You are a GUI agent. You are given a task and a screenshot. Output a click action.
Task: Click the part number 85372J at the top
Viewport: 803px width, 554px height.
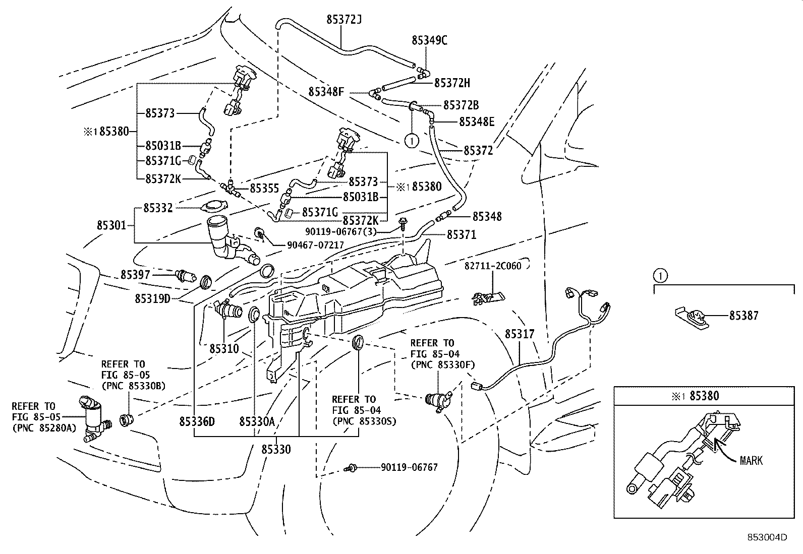click(x=344, y=20)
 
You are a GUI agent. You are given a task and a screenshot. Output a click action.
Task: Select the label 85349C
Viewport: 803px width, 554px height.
click(x=429, y=40)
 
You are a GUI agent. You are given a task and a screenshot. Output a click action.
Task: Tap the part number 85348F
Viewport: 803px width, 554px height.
click(x=326, y=92)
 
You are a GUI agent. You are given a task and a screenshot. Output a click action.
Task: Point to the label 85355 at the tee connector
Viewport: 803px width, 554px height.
click(x=264, y=188)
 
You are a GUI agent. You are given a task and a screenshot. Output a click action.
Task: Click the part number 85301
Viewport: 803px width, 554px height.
click(x=111, y=226)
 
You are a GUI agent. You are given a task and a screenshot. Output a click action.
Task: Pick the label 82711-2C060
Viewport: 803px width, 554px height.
click(x=493, y=266)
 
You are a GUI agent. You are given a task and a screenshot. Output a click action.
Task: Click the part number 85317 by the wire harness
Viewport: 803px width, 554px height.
click(x=520, y=334)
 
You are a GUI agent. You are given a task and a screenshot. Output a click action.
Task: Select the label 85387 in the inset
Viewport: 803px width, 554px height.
click(x=744, y=316)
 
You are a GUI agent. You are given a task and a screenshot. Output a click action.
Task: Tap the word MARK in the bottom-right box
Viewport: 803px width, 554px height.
click(x=751, y=460)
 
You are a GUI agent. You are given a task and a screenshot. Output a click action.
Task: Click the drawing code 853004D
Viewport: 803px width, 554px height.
click(x=767, y=537)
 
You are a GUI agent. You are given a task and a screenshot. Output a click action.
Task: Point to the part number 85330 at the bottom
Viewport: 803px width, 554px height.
click(x=276, y=449)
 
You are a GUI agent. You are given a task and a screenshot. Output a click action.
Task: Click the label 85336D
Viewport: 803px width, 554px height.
click(x=197, y=421)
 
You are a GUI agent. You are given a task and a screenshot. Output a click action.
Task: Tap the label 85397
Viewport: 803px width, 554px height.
click(x=135, y=275)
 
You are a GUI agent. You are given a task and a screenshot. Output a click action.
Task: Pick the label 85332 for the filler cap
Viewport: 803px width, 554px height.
click(x=158, y=208)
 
